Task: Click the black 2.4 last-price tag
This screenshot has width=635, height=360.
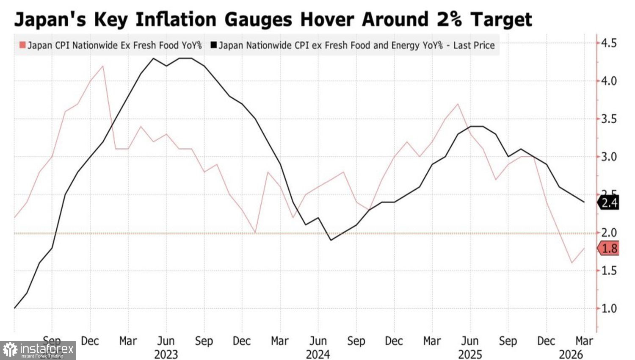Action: [609, 202]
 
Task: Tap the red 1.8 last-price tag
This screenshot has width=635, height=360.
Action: [609, 248]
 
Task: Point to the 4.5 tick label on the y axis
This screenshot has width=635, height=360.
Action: [609, 43]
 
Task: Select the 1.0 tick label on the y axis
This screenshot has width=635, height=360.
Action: [609, 308]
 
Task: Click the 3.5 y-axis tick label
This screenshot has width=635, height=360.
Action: [609, 119]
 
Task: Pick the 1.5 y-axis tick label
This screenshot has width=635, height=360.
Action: [609, 271]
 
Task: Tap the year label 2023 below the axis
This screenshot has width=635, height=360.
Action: [166, 354]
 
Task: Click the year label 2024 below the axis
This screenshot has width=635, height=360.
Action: [318, 354]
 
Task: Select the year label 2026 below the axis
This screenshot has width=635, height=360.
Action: [571, 354]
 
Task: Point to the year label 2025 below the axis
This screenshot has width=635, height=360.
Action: [470, 354]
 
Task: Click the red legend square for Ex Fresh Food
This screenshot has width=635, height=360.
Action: [22, 45]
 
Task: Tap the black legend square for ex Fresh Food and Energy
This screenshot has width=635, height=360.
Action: [213, 45]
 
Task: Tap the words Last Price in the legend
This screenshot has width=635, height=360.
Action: [474, 45]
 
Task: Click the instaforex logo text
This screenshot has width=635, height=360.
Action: [47, 349]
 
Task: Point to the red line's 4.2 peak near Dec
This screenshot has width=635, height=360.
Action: [103, 66]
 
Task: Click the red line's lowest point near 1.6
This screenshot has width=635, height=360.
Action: [572, 263]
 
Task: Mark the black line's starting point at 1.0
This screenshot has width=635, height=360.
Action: [14, 308]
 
